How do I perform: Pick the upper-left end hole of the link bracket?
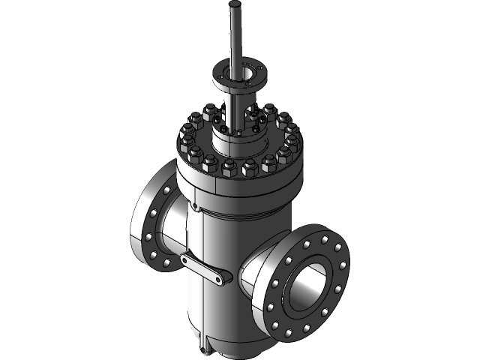coord(185,259)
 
